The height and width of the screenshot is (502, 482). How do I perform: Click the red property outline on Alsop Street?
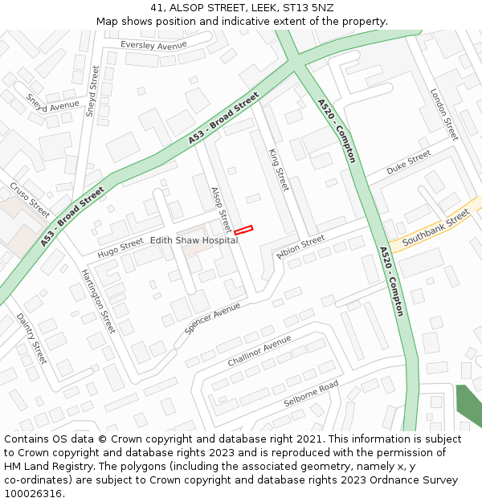(x=243, y=231)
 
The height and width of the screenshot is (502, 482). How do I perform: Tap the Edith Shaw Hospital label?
(x=194, y=240)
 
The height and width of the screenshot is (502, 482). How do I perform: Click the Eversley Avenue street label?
(x=148, y=46)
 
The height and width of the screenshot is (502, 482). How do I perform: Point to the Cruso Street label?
(x=30, y=200)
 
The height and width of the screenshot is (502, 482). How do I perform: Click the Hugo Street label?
(x=120, y=249)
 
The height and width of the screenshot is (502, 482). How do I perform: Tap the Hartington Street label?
(x=98, y=301)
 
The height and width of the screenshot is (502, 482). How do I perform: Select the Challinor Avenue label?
(x=259, y=351)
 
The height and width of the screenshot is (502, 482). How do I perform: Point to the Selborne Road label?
(x=311, y=394)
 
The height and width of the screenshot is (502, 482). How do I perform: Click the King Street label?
(x=278, y=169)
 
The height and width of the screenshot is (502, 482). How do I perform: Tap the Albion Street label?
(x=300, y=246)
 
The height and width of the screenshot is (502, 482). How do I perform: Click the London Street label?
(x=444, y=114)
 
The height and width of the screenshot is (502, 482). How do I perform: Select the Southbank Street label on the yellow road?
(x=435, y=227)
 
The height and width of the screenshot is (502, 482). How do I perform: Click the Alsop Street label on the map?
(x=220, y=210)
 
